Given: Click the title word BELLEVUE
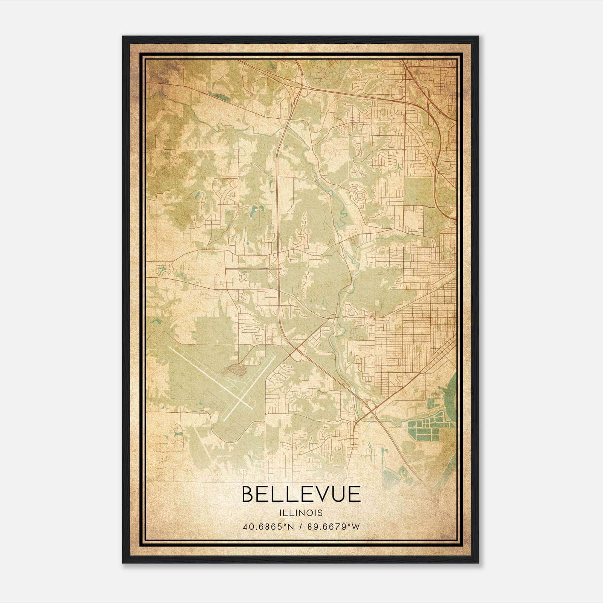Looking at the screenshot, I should click(301, 494).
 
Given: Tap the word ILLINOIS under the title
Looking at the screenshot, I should click(301, 513).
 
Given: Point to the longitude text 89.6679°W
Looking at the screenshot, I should click(333, 526).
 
